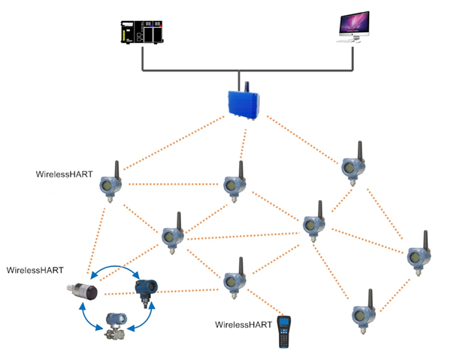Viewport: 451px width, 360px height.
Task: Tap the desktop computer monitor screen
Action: pyautogui.click(x=352, y=26)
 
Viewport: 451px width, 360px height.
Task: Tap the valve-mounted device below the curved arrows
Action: pyautogui.click(x=118, y=325)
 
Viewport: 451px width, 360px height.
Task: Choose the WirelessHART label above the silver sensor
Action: pyautogui.click(x=35, y=269)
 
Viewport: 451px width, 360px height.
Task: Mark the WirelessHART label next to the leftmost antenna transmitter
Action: pyautogui.click(x=65, y=174)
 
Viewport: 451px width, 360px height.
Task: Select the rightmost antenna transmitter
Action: pyautogui.click(x=415, y=255)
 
